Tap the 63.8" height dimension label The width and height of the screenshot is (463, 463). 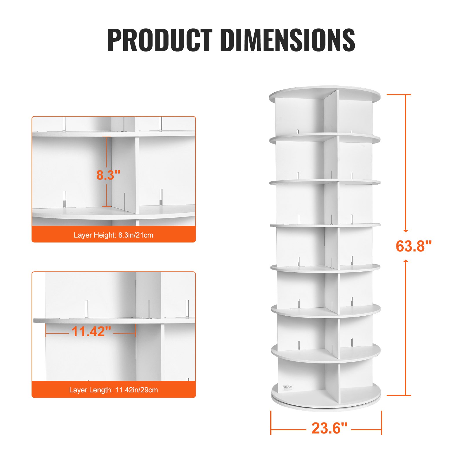[x=414, y=246]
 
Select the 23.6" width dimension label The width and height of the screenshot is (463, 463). [x=329, y=428]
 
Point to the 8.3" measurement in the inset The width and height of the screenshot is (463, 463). [x=108, y=175]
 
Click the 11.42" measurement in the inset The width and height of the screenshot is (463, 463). [x=91, y=332]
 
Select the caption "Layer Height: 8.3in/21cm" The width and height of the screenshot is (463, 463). [x=113, y=235]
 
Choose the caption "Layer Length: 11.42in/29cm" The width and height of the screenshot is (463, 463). [x=113, y=390]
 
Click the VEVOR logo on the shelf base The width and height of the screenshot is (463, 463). [x=288, y=387]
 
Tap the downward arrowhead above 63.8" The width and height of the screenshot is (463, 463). [x=406, y=230]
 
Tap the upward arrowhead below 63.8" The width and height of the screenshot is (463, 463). [x=406, y=261]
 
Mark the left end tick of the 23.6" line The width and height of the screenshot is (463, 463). [x=271, y=422]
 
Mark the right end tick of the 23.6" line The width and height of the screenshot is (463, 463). [x=382, y=422]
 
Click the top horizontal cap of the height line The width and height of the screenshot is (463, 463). [x=399, y=95]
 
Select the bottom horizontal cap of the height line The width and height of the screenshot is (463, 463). [x=399, y=395]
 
